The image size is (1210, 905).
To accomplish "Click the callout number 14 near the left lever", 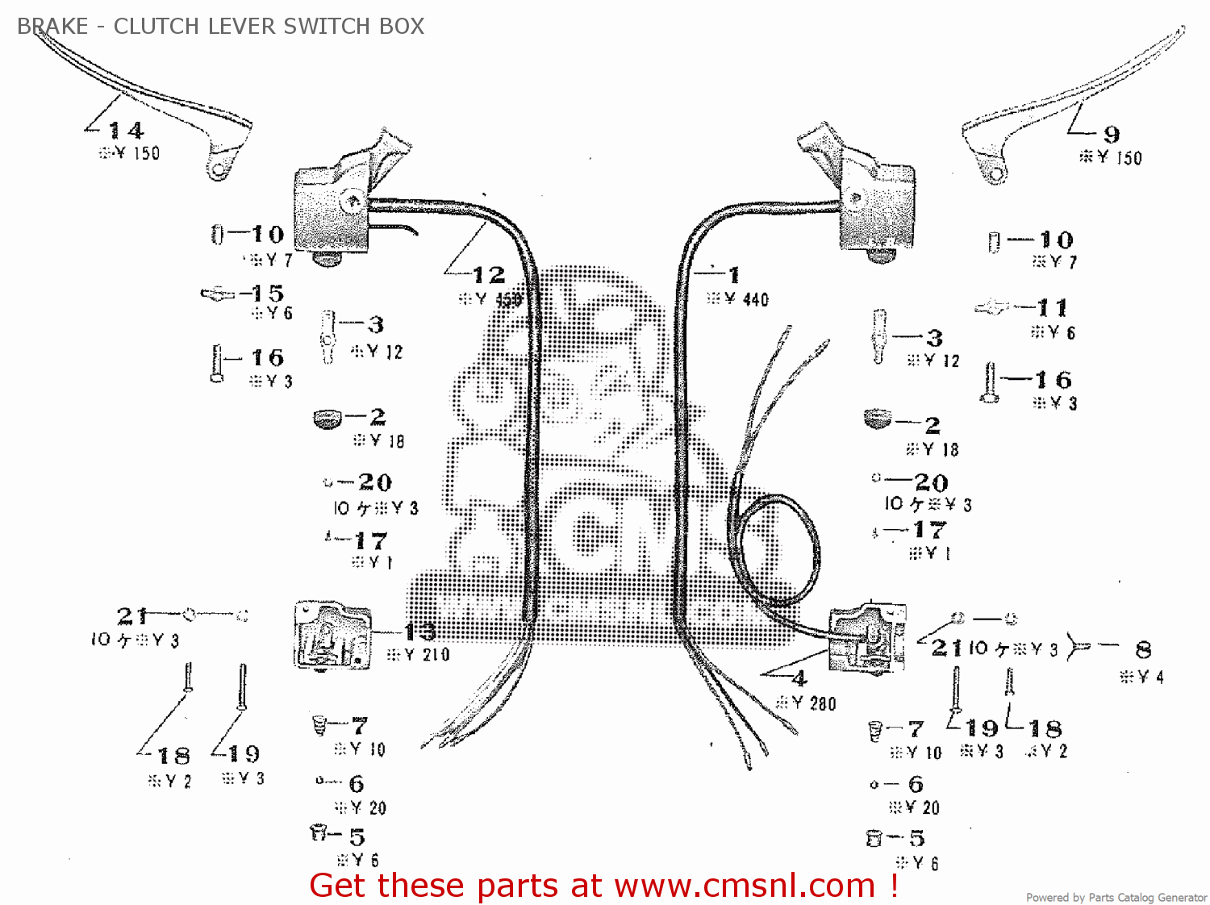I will click(x=126, y=130).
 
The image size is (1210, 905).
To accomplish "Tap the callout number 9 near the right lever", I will click(x=1112, y=134).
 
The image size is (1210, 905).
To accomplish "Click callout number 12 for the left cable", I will click(x=488, y=275).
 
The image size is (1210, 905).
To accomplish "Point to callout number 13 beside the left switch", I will click(x=419, y=631).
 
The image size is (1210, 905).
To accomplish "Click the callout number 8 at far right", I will click(x=1143, y=649).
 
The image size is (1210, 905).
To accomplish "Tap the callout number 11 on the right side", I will click(x=1052, y=307).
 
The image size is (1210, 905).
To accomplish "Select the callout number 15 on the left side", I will click(x=267, y=293).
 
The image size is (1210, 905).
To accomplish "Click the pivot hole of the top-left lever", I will click(x=216, y=170).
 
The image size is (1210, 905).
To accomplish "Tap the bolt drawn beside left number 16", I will click(x=216, y=363).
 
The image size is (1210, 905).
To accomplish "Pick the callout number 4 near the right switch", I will click(x=799, y=678).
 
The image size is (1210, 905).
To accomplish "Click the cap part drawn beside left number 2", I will click(x=327, y=419).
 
